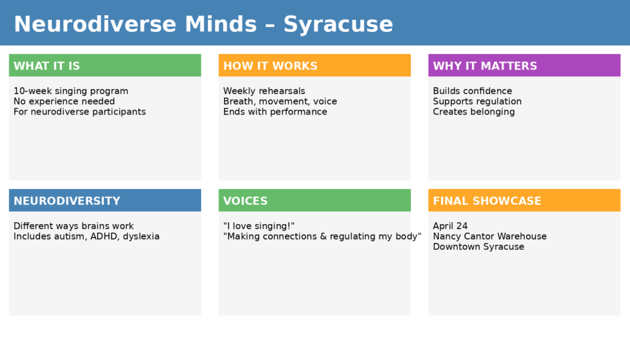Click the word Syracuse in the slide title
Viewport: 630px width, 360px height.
coord(338,25)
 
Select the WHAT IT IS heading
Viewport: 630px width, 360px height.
coord(47,66)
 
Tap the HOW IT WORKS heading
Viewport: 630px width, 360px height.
coord(270,66)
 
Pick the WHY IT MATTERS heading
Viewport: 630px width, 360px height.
coord(485,66)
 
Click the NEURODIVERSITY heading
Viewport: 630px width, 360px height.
coord(67,201)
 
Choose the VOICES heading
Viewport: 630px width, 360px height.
coord(245,201)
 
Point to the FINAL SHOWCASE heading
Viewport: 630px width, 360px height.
coord(487,201)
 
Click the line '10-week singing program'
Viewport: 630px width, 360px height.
coord(71,91)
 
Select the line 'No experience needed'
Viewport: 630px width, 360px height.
coord(64,102)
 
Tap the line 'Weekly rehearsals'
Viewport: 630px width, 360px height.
coord(264,91)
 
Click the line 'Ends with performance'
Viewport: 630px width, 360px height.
coord(275,112)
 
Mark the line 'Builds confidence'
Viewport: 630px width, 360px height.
coord(472,91)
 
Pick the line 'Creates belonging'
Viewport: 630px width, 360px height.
coord(474,112)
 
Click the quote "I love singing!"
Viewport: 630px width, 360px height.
coord(259,226)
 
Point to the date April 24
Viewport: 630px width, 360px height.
coord(450,226)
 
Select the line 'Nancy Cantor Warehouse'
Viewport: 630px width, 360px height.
coord(490,236)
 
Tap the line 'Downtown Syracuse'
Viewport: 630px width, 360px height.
coord(479,247)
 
